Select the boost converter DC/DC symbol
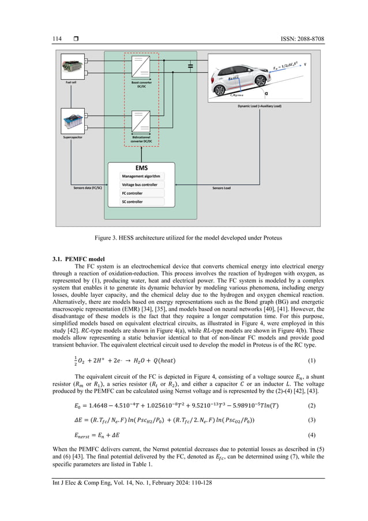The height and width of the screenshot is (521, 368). tap(141, 68)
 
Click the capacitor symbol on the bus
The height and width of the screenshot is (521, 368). tap(190, 67)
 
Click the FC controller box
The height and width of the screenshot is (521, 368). tap(142, 193)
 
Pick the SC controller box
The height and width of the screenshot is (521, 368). tap(142, 202)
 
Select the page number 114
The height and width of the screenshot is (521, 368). tap(48, 39)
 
